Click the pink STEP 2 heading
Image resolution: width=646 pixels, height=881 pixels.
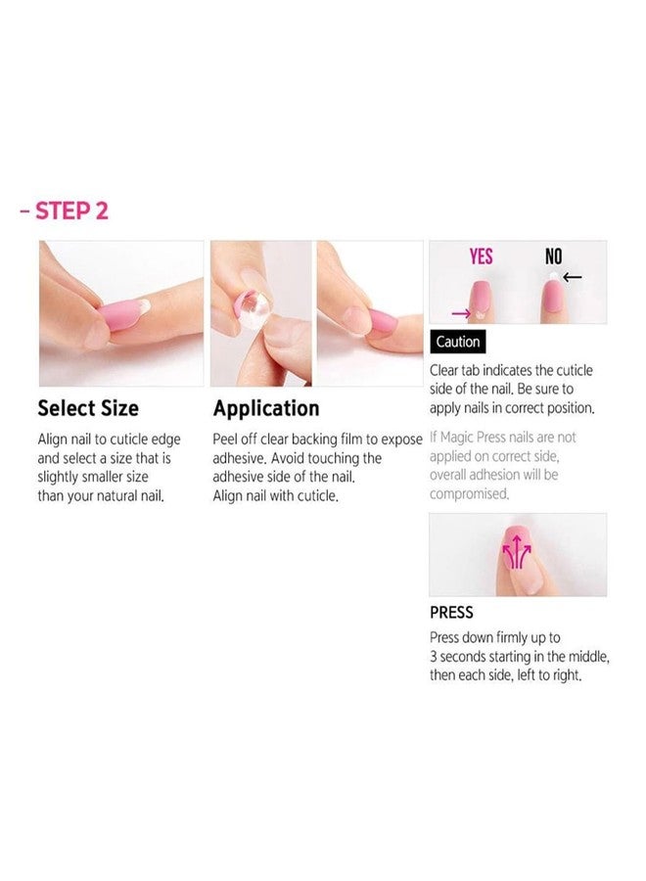coord(70,211)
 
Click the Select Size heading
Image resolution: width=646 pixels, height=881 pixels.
coord(88,408)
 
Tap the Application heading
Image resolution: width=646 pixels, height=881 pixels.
coord(266,408)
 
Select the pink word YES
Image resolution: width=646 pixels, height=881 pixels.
coord(482,257)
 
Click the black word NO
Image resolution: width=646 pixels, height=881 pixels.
coord(554,257)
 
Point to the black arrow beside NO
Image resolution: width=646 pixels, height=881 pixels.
coord(573,277)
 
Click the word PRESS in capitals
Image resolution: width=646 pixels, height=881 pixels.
coord(451,613)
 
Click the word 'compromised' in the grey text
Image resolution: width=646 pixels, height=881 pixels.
coord(469,494)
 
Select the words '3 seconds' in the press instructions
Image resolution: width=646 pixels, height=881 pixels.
coord(465,657)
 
